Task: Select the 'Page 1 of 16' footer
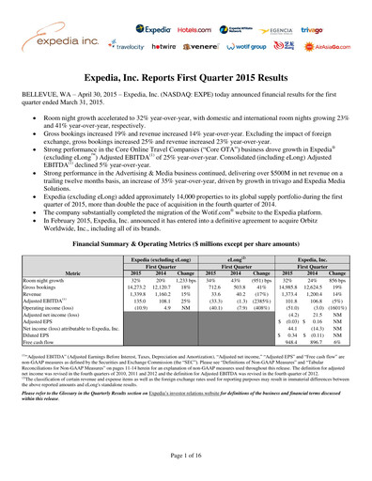(x=186, y=465)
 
